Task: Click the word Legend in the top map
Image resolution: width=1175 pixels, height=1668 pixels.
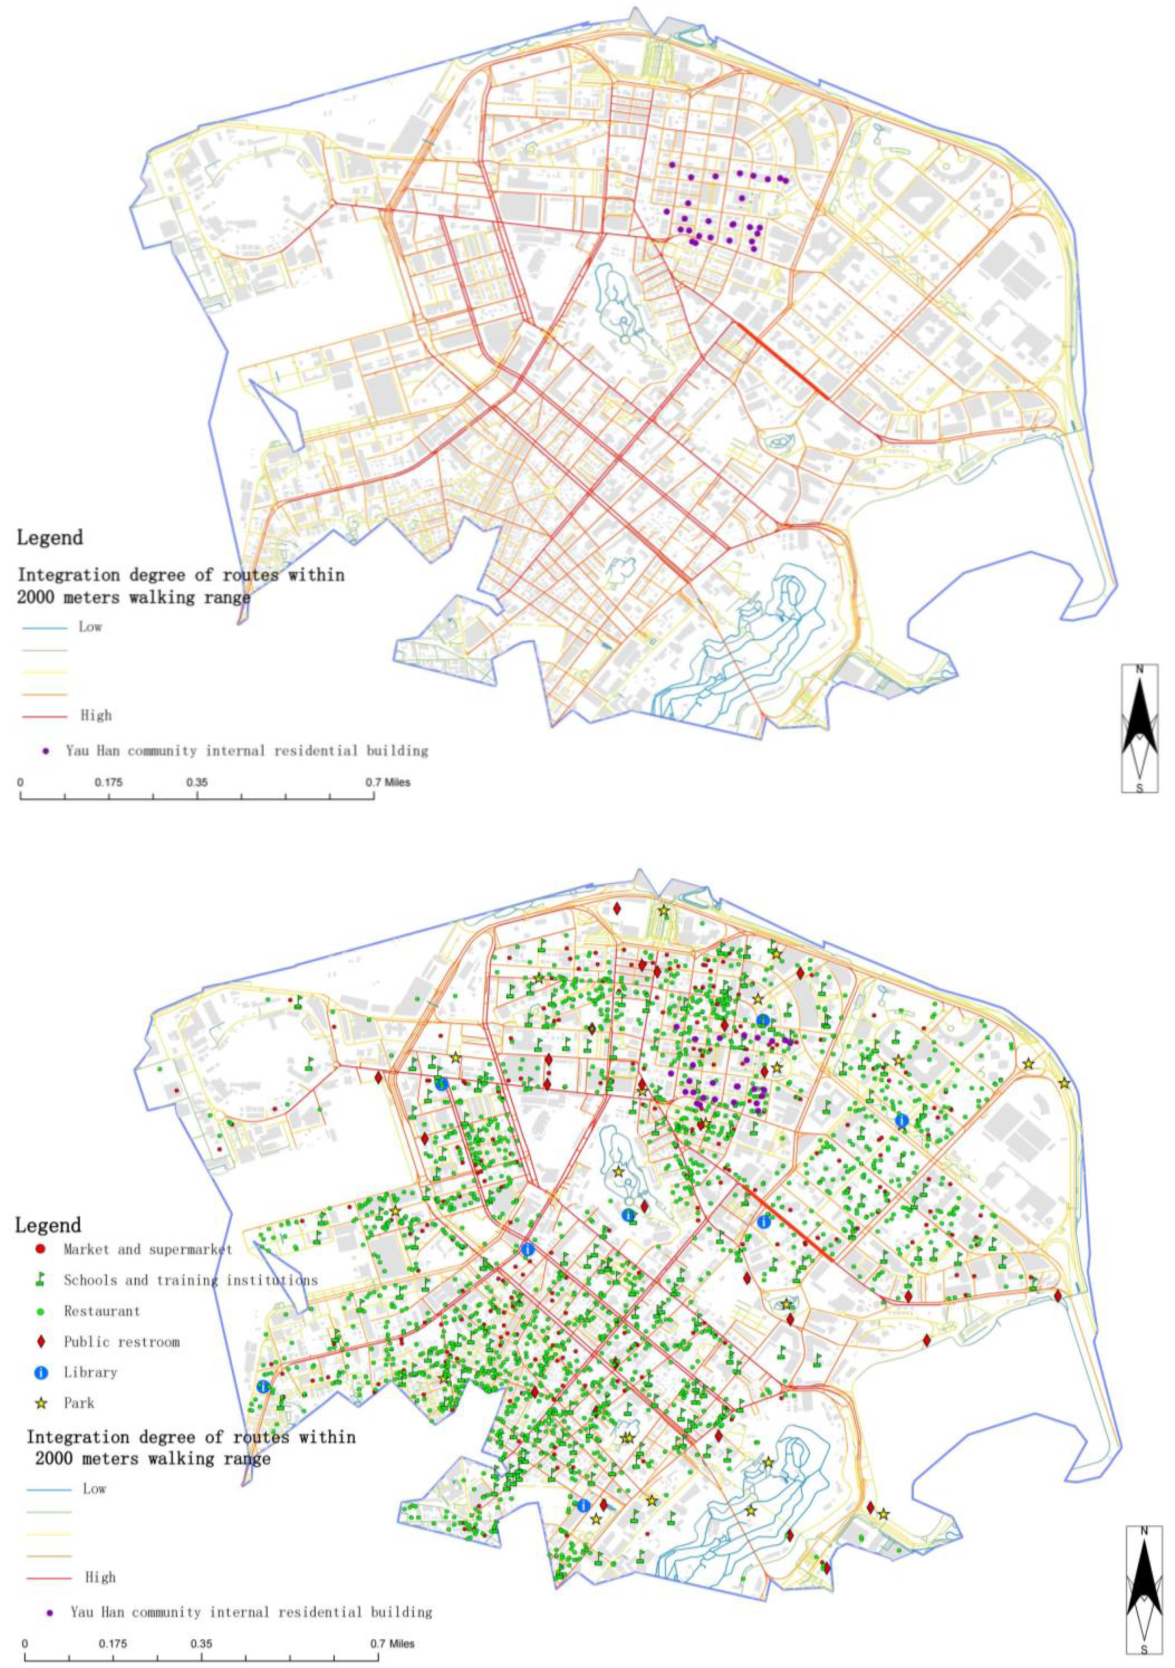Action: (x=49, y=538)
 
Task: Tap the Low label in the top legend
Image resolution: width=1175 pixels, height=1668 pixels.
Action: (x=90, y=627)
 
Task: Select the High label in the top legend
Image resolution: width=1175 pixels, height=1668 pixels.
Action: (x=96, y=715)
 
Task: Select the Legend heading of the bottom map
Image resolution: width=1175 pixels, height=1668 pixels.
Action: (x=48, y=1225)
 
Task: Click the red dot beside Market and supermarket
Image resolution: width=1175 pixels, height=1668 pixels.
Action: (x=40, y=1250)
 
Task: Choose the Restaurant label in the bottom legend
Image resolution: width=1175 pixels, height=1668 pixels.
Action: (x=102, y=1311)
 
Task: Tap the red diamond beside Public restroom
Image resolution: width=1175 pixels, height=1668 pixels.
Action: (x=40, y=1341)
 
